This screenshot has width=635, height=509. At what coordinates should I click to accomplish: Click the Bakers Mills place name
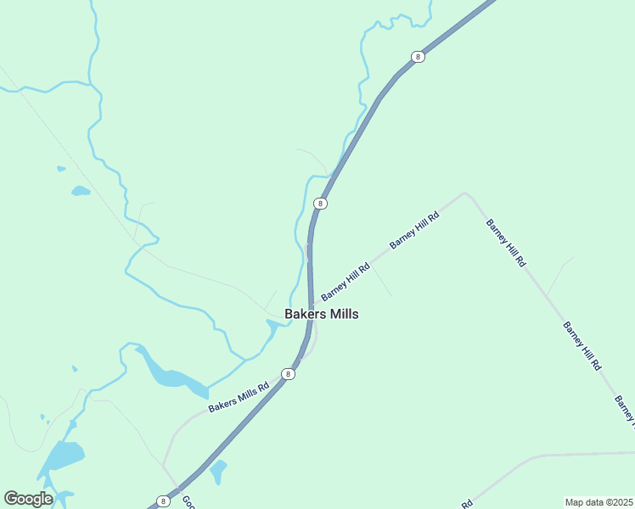point(321,314)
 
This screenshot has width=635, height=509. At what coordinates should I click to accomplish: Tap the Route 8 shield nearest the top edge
point(417,57)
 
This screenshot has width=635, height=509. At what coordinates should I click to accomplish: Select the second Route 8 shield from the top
point(320,204)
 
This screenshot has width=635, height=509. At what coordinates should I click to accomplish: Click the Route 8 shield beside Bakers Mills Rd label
point(289,374)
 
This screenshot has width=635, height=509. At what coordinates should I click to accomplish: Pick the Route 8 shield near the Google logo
point(163,501)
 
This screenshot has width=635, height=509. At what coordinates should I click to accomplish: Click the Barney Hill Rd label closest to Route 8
point(345,281)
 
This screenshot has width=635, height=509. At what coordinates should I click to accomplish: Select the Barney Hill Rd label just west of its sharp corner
point(414,230)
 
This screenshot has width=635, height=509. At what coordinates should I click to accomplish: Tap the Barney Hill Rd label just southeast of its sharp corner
point(506,243)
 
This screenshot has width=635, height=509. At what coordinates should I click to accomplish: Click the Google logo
point(28,499)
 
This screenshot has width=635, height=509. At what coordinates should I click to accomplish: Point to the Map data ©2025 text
point(598,502)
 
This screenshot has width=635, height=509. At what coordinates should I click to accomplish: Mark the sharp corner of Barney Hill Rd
point(464,193)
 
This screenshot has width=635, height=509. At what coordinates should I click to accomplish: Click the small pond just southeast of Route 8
point(218,469)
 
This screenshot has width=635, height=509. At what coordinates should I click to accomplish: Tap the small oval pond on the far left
point(81,191)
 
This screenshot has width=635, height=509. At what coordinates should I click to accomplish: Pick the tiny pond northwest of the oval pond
point(61,169)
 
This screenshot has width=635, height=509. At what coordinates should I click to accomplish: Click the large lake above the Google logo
point(61,459)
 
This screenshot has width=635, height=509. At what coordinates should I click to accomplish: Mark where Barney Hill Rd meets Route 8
point(312,305)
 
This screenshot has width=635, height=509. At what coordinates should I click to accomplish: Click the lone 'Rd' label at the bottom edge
point(466,503)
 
